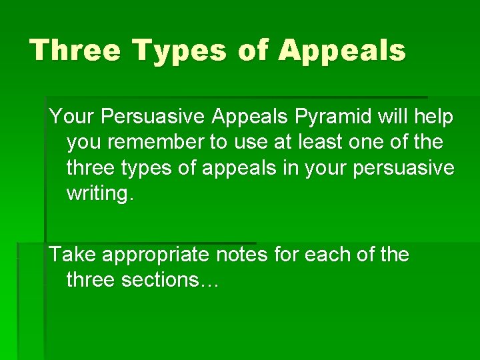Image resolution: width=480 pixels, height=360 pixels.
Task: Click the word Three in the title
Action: pos(75,51)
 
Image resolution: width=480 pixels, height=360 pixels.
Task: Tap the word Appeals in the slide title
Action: pos(342,51)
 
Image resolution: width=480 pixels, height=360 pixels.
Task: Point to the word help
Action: pos(433,117)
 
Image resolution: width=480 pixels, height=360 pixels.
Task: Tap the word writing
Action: pos(101,194)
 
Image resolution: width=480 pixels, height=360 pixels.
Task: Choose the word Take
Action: pos(72,255)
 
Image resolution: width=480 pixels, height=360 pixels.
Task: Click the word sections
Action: pos(160,280)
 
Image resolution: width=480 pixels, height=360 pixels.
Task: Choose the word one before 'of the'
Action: pos(381,143)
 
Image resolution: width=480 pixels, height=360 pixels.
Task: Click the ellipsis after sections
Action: pos(209,281)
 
